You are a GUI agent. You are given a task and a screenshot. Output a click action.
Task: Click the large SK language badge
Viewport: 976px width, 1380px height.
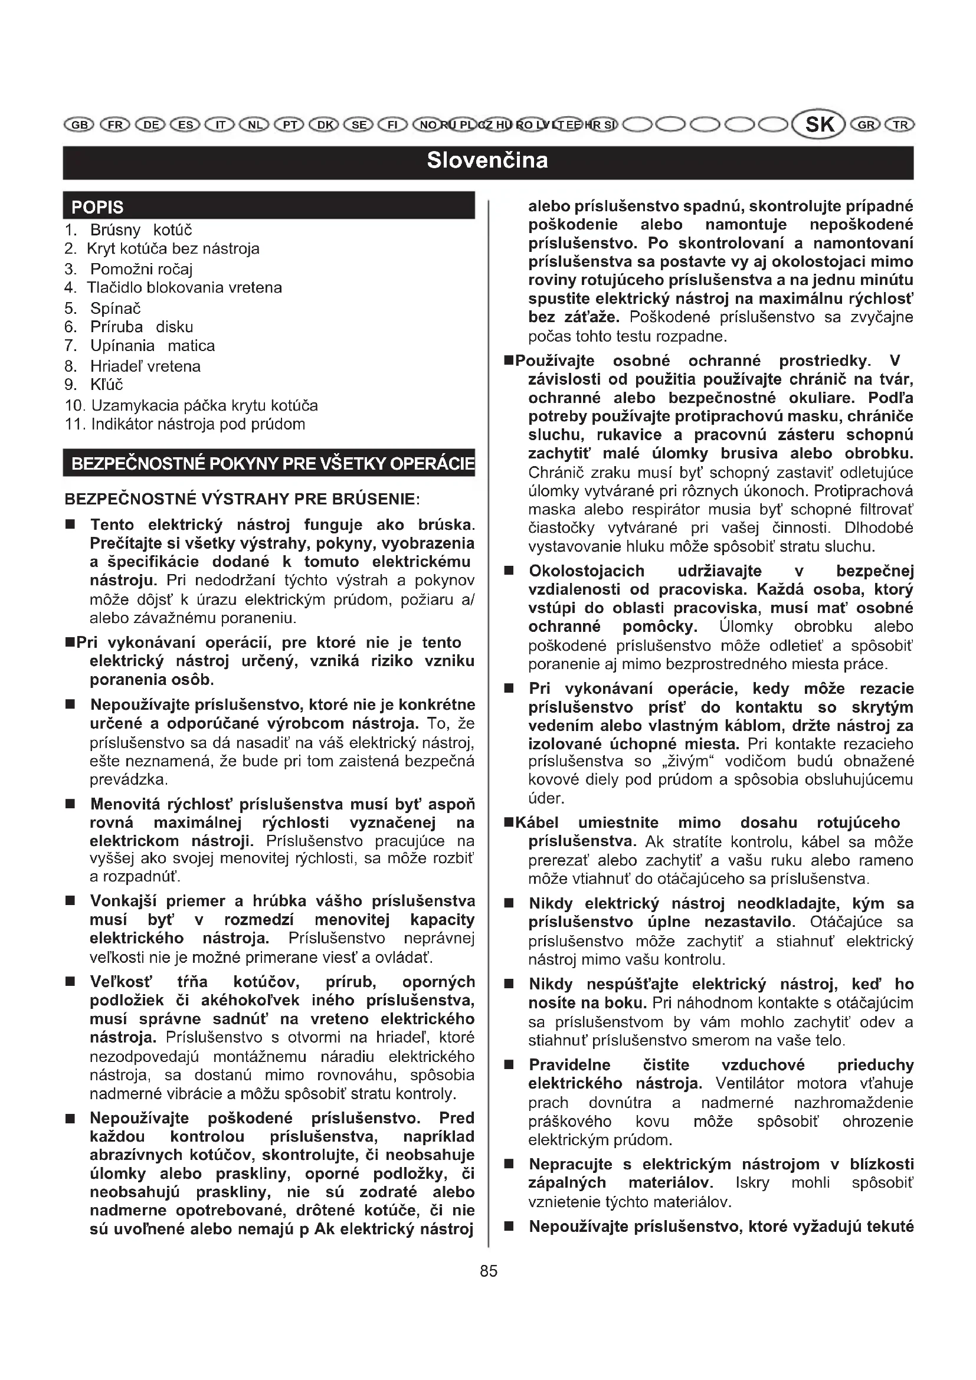[820, 124]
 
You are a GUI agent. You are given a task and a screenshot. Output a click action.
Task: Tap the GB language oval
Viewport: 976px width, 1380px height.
[78, 125]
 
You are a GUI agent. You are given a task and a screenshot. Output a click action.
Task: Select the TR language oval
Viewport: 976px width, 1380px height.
[900, 125]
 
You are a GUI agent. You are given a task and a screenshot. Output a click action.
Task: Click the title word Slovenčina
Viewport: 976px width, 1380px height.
[487, 160]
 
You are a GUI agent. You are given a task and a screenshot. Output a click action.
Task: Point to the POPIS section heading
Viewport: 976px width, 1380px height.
[97, 207]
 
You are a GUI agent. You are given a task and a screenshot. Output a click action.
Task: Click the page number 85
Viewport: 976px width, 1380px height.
[489, 1271]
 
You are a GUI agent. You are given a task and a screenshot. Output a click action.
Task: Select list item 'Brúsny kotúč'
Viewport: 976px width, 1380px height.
[141, 230]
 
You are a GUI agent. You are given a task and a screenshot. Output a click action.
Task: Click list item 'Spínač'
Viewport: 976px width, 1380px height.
[116, 309]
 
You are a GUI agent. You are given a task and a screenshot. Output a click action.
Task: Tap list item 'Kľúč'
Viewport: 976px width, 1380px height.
[106, 385]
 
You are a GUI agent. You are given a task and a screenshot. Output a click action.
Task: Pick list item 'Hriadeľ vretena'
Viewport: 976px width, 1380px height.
[145, 366]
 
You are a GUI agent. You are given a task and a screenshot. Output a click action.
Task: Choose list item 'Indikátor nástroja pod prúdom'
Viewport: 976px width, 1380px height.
[198, 424]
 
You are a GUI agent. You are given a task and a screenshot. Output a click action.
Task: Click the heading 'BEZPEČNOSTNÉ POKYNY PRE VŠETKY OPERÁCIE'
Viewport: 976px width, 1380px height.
[271, 464]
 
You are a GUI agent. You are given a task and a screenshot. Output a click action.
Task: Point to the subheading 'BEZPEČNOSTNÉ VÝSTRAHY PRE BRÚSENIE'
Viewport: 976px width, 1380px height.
[241, 499]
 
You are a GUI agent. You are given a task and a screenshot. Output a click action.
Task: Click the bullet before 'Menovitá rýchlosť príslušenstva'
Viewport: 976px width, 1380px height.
[70, 804]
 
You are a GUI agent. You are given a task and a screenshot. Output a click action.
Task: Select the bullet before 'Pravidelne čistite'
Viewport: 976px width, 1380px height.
[509, 1065]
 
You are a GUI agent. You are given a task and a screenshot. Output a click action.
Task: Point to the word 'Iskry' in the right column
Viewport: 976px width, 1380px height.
[752, 1183]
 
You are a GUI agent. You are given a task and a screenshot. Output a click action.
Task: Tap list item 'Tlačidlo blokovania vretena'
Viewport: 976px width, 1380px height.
[184, 288]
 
